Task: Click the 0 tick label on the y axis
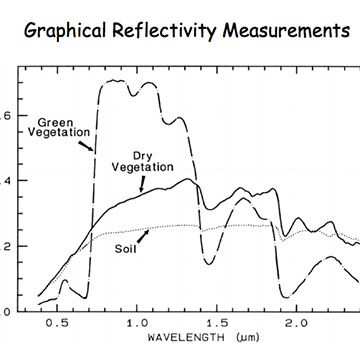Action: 7,310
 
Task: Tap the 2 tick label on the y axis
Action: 7,245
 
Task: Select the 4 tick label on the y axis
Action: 7,181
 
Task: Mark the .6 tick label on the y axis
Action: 5,116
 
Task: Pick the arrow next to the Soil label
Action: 144,236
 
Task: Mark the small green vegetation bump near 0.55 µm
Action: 63,283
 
